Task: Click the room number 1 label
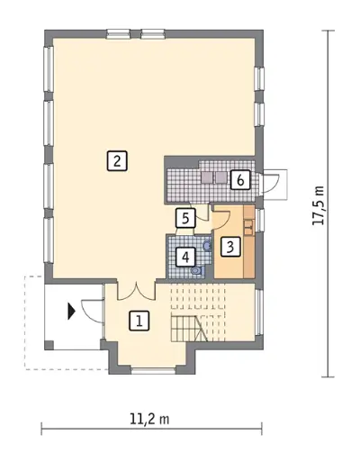click(x=139, y=322)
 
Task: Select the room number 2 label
click(x=117, y=161)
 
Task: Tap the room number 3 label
click(x=230, y=247)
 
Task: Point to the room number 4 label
click(x=185, y=257)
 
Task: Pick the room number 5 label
click(x=185, y=218)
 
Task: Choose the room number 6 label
click(x=240, y=180)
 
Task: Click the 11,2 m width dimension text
click(x=149, y=419)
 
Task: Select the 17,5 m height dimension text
click(x=318, y=205)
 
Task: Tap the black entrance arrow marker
click(x=71, y=312)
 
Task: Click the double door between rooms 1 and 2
click(x=137, y=292)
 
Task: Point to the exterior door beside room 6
click(x=271, y=184)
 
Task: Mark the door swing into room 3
click(x=221, y=221)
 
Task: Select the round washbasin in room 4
click(x=207, y=246)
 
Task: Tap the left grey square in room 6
click(x=207, y=177)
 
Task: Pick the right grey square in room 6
click(x=221, y=177)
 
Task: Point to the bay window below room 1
click(x=154, y=369)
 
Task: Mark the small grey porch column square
click(x=49, y=345)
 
